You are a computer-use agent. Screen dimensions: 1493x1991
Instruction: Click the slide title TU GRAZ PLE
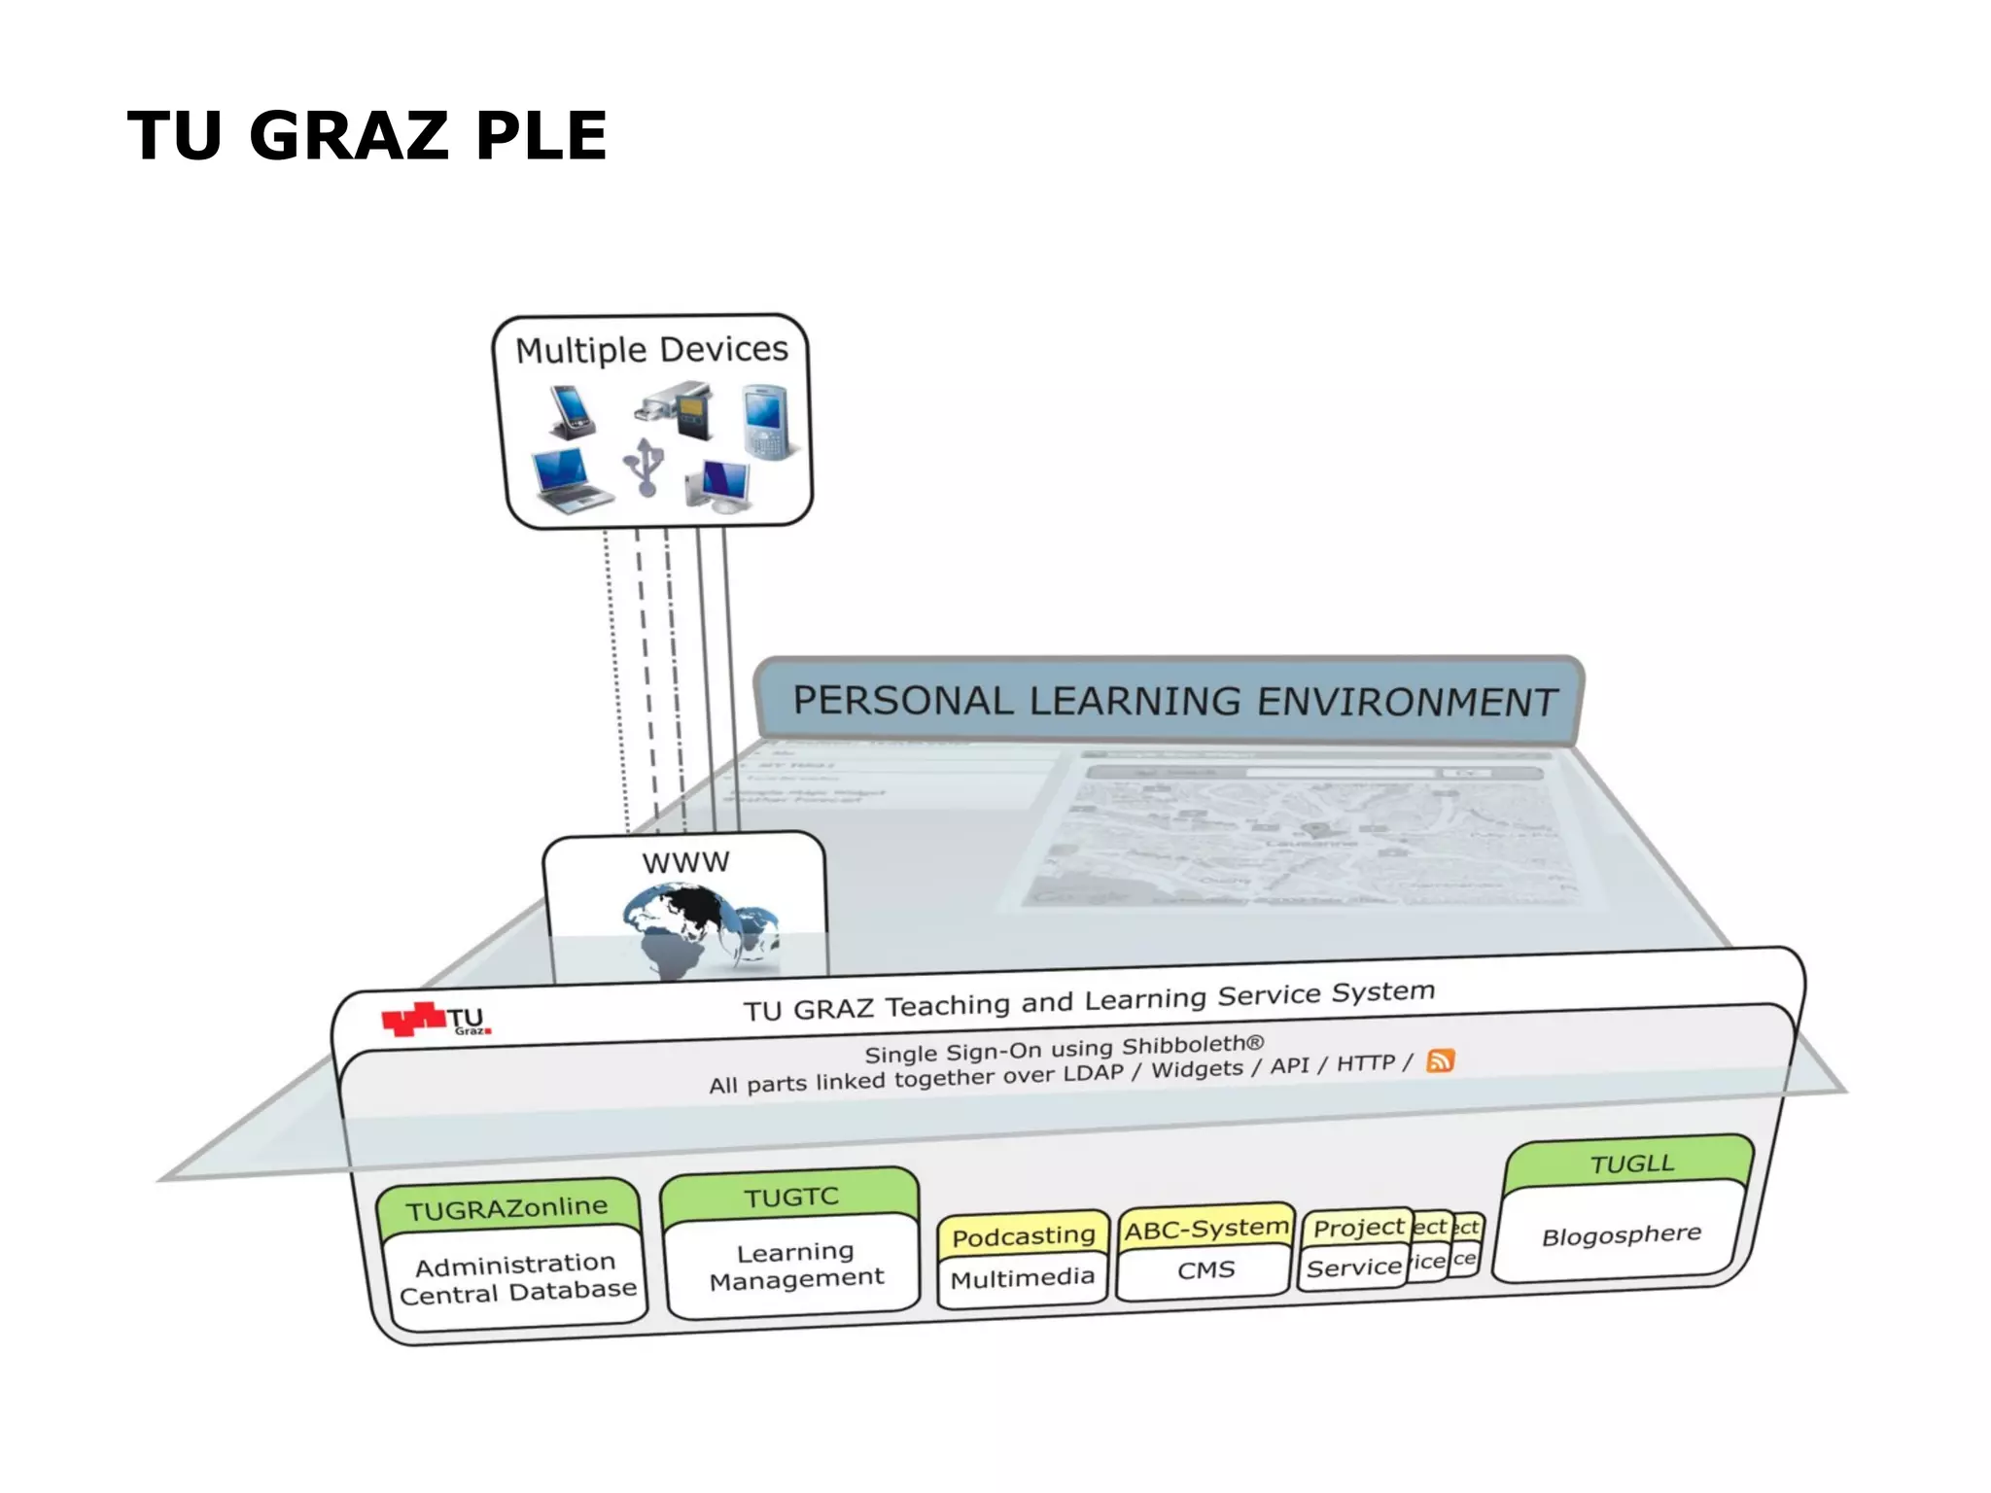coord(367,135)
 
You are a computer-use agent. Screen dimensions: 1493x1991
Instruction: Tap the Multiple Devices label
coord(651,350)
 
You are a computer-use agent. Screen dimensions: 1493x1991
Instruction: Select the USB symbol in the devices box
coord(644,466)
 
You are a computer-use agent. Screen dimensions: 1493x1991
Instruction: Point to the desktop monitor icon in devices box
coord(719,484)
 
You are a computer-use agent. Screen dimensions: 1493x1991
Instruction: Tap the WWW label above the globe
coord(685,862)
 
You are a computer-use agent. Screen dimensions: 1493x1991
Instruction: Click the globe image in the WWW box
coord(696,928)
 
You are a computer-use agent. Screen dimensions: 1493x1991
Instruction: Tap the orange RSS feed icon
coord(1440,1060)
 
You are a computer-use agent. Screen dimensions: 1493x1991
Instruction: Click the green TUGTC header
coord(790,1197)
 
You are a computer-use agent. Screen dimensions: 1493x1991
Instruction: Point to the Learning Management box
coord(795,1266)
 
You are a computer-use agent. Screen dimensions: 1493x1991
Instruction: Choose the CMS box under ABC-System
coord(1205,1270)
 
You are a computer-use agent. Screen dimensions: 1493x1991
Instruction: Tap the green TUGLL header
coord(1631,1163)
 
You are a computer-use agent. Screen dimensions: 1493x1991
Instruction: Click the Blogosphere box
coord(1621,1235)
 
